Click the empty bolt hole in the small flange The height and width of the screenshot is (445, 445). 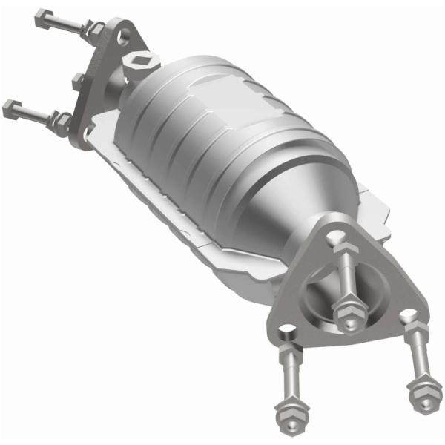pyautogui.click(x=123, y=35)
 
